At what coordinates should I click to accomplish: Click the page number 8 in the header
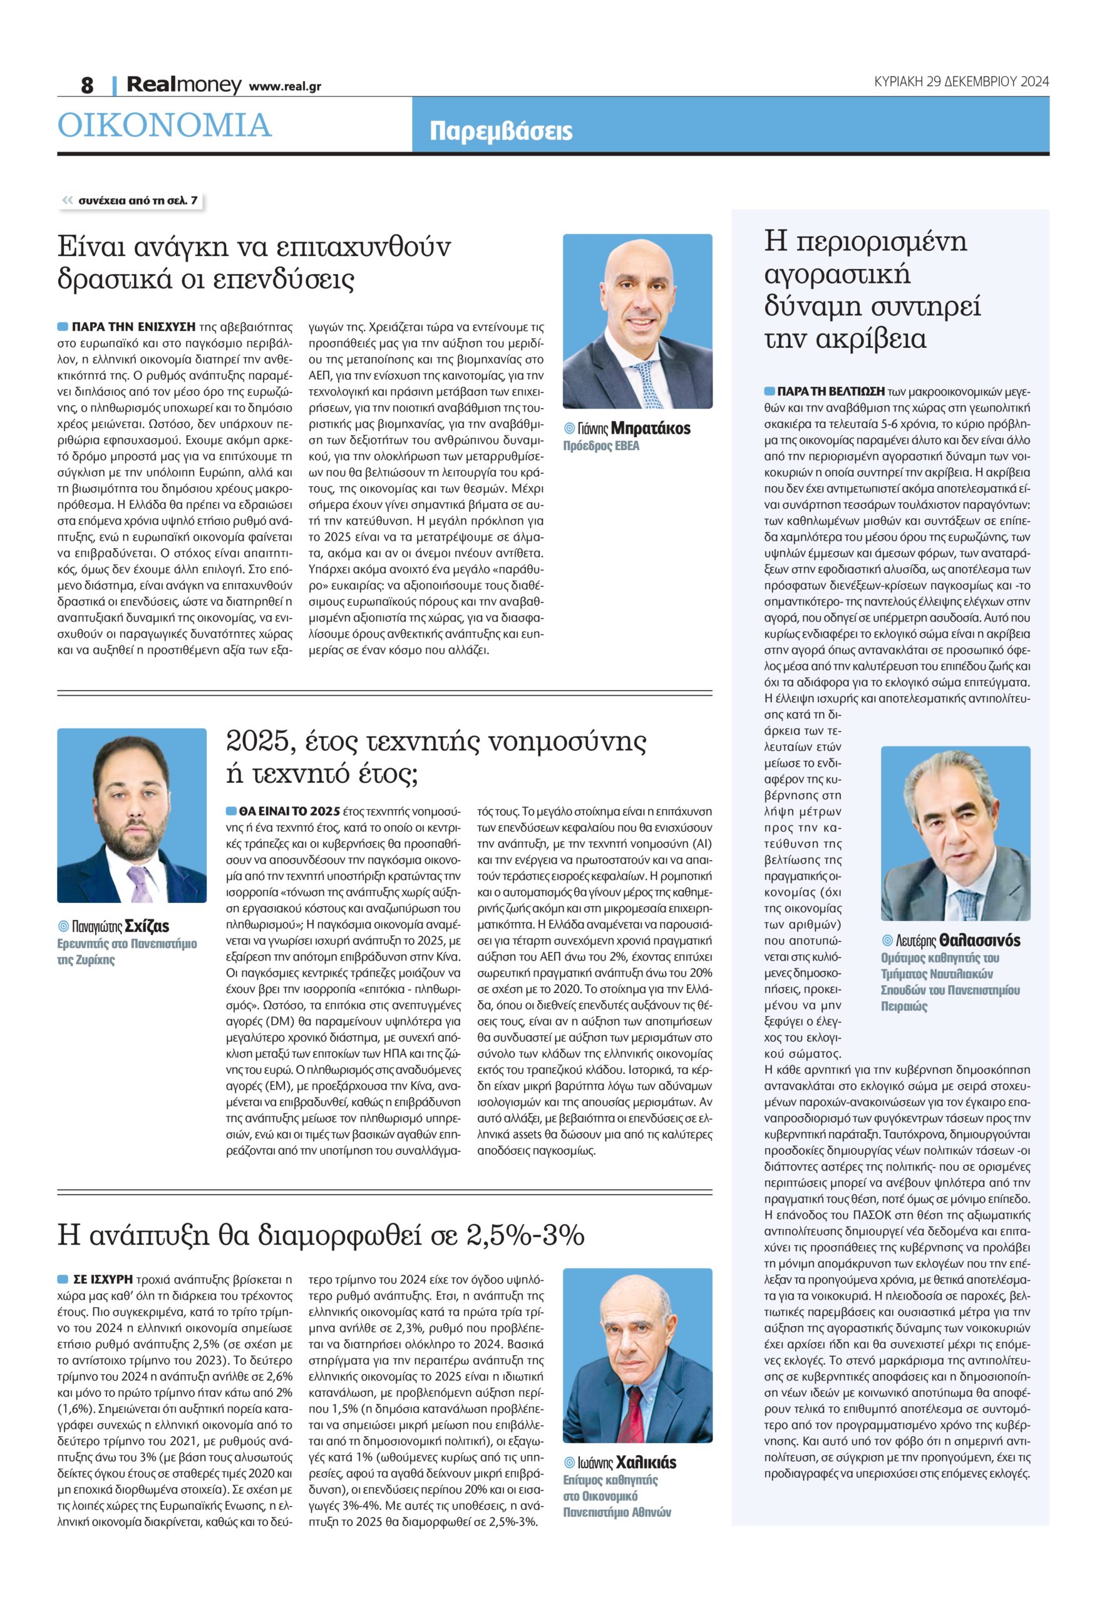(x=88, y=85)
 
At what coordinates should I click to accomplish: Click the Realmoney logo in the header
(x=184, y=85)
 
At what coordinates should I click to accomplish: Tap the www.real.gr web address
(x=284, y=86)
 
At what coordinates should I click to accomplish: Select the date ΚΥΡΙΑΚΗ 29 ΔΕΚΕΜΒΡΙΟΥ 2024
(x=961, y=82)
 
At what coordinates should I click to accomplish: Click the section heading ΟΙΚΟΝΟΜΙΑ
(x=165, y=126)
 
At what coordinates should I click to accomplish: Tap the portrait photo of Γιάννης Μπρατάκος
(x=637, y=321)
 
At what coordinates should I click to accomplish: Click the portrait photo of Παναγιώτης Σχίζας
(x=131, y=815)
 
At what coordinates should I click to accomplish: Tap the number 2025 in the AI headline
(x=257, y=742)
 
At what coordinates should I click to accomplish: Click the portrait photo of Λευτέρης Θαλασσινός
(x=955, y=834)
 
